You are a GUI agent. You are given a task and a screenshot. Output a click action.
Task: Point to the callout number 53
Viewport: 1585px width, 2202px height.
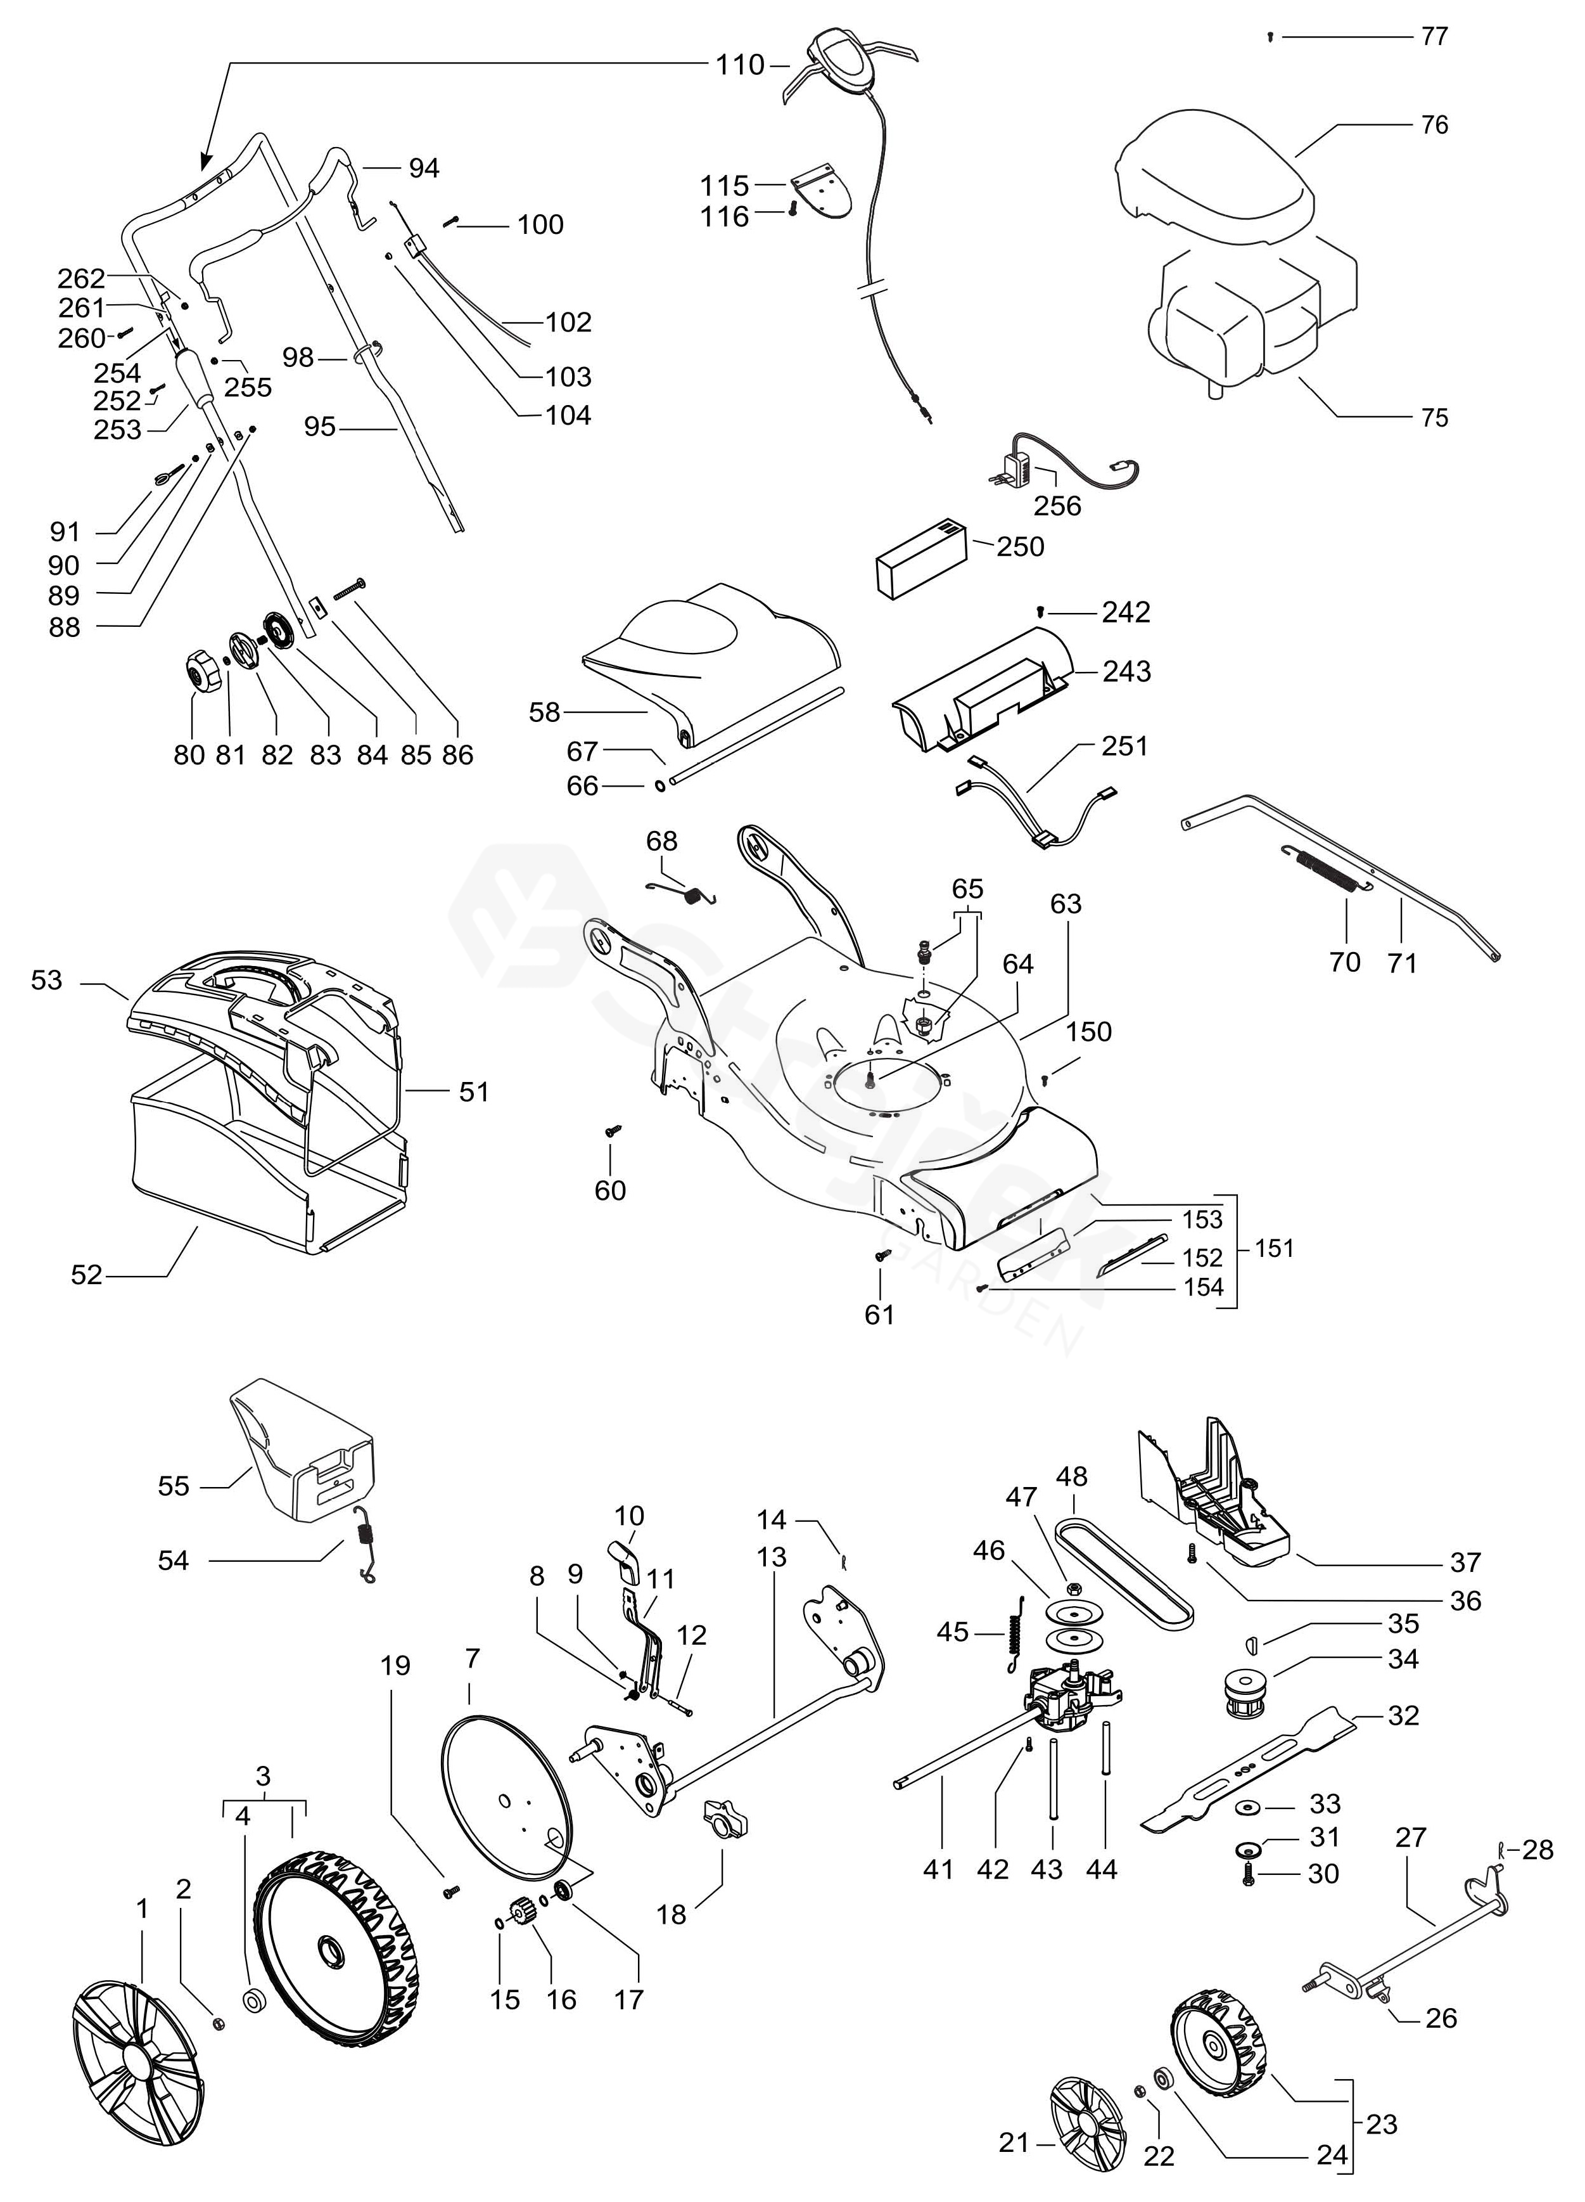[46, 981]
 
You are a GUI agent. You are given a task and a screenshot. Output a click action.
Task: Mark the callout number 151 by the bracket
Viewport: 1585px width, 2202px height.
[1273, 1247]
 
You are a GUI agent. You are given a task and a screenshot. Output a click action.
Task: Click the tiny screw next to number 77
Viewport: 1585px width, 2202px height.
[1270, 37]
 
